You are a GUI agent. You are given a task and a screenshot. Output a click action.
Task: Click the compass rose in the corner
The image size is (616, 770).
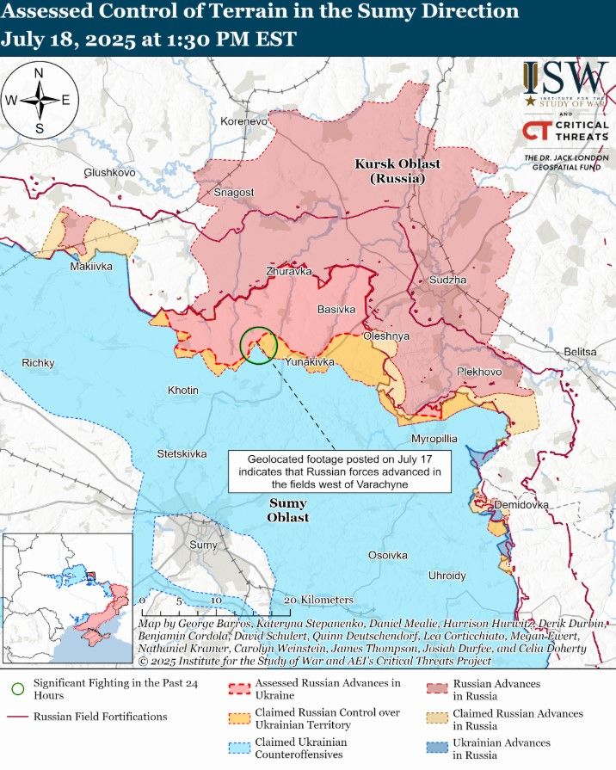point(40,100)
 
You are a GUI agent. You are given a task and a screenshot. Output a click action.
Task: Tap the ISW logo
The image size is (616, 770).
point(565,79)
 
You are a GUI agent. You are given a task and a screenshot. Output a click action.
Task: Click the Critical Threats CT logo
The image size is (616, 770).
point(538,132)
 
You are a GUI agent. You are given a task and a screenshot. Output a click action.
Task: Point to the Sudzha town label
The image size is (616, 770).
point(447,280)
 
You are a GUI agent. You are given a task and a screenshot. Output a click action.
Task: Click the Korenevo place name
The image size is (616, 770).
point(244,122)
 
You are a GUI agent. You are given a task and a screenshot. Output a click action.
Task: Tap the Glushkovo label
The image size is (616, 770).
point(109,173)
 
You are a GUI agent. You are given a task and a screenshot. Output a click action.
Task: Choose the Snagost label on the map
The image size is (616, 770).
point(234,193)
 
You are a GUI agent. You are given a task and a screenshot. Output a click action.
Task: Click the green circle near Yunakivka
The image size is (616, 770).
point(258,346)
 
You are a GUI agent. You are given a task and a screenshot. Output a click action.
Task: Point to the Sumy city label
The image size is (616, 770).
point(203,545)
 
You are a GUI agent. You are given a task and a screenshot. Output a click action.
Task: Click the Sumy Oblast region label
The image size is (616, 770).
point(288,510)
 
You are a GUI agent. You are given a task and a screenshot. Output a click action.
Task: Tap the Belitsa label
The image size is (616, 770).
point(580,352)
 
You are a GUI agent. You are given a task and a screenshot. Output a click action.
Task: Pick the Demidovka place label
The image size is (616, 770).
point(520,505)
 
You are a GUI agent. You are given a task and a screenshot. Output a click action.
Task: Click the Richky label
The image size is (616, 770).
point(38,363)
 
